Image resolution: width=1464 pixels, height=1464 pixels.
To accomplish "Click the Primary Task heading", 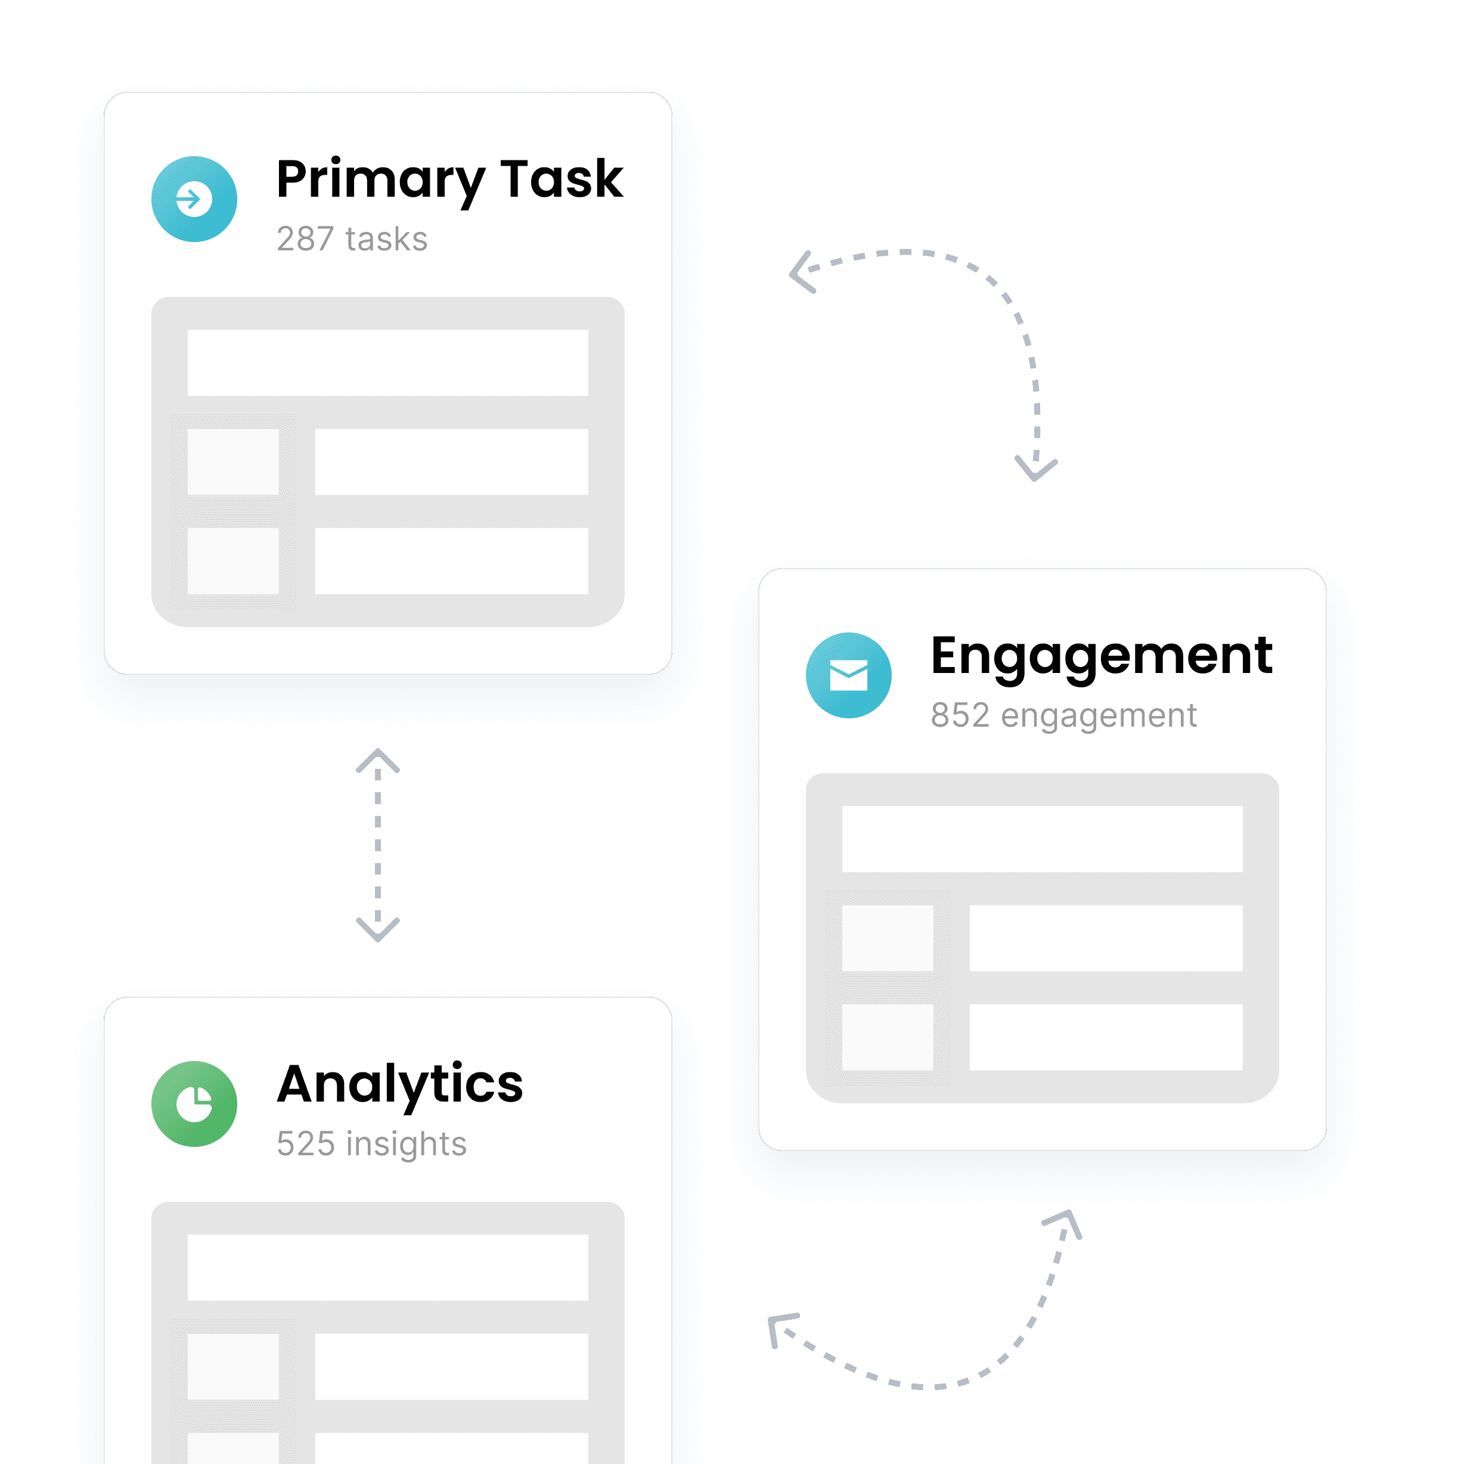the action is pos(449,181).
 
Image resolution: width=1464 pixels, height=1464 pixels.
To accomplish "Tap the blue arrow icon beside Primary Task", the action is pos(194,199).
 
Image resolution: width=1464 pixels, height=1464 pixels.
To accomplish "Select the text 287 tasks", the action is pos(352,238).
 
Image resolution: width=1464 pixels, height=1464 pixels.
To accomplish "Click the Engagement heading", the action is pos(1102,657).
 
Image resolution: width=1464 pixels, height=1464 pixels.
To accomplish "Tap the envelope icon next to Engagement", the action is pos(849,675).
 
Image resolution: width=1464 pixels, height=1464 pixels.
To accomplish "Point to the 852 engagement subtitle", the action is pos(1064,716).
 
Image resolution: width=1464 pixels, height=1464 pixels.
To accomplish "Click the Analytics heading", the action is pos(400,1084).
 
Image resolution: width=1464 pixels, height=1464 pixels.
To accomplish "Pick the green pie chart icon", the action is pos(194,1104).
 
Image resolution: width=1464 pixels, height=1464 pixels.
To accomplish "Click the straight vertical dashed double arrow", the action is pos(378,845).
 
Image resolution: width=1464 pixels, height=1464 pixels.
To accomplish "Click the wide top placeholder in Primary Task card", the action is pos(388,362).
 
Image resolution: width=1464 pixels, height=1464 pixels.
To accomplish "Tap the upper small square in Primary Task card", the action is pos(232,462).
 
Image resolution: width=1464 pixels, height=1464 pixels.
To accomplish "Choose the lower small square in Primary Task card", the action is pos(232,561).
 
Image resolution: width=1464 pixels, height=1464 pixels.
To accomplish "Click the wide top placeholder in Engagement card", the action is pos(1042,839).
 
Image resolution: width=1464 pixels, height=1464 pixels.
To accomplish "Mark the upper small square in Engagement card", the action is pos(888,938).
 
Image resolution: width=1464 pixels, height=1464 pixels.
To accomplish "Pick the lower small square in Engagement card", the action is pos(888,1037).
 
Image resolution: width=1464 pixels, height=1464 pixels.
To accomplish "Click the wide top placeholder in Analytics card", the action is pos(388,1268).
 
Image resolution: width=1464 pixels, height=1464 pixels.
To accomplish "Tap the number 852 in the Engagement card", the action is pos(960,715).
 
